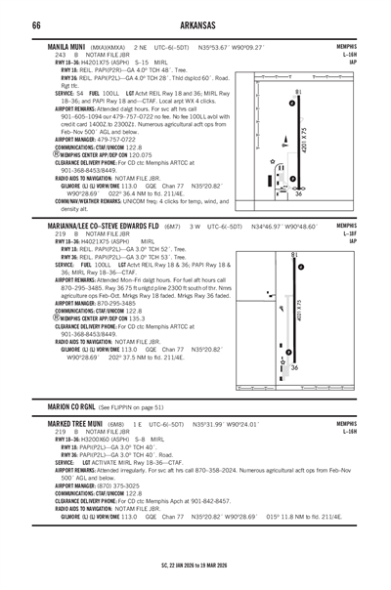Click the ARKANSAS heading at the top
195,23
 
